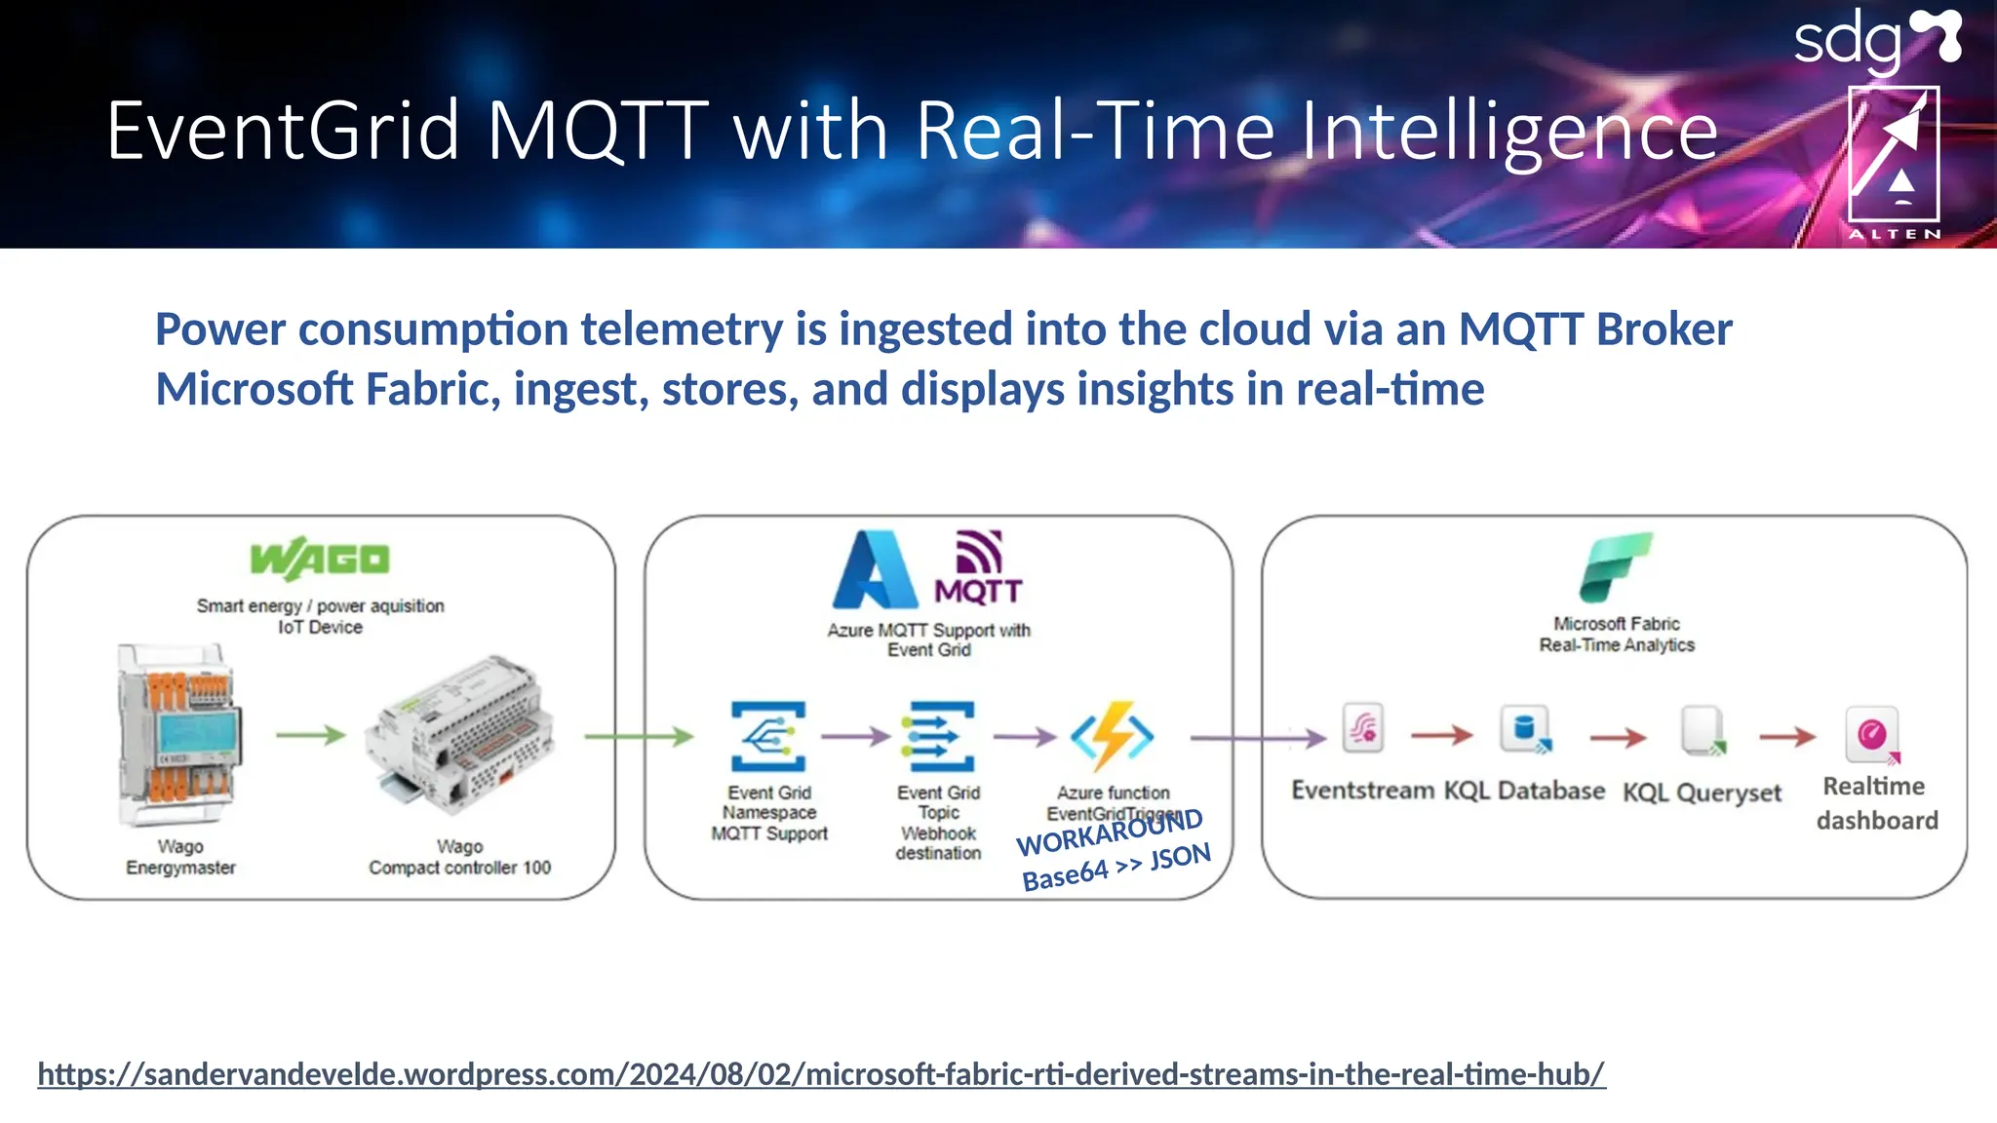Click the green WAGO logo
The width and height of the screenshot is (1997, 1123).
[320, 559]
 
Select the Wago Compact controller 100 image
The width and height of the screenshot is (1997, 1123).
[459, 737]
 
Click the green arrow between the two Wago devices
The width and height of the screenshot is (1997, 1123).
[310, 734]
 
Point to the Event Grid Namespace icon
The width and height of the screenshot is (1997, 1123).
[768, 737]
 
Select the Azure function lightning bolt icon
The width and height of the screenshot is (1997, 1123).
[1113, 736]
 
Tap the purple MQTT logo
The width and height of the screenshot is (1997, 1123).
[978, 567]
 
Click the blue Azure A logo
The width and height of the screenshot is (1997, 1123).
[874, 570]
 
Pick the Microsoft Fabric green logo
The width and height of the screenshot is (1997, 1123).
[1616, 567]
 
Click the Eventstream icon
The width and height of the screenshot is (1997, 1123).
[1362, 728]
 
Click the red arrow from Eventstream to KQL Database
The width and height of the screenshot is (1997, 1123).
[1441, 735]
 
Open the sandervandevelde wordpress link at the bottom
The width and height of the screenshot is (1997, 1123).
[821, 1074]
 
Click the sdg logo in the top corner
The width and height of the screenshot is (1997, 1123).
[1876, 41]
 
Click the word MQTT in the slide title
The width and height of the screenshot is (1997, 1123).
[597, 131]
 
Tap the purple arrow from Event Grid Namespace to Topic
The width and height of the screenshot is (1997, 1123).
[855, 736]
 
